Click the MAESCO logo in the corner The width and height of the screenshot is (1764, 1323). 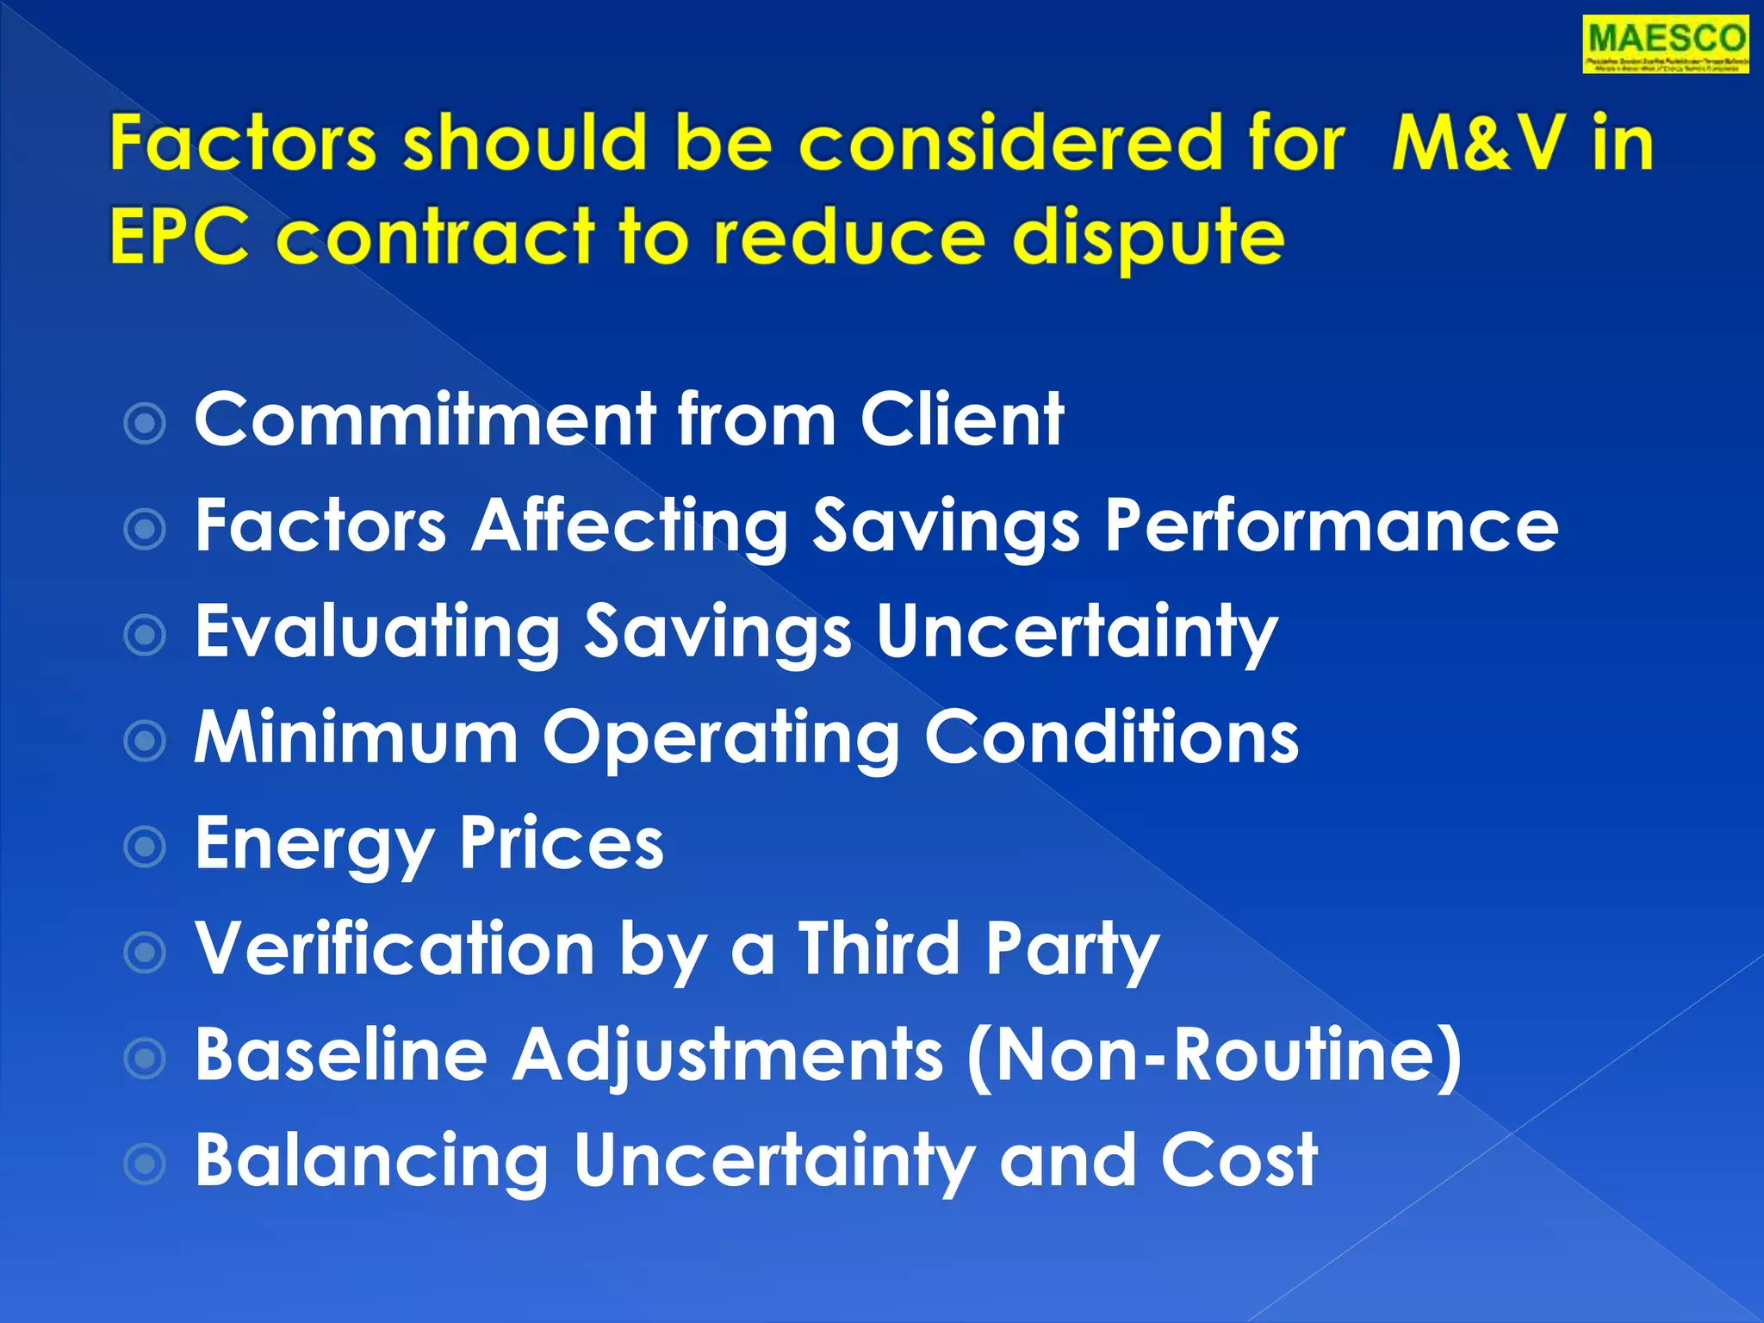click(1665, 45)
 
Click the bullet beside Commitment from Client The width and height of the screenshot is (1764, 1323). click(145, 423)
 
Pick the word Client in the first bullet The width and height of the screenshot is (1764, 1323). click(962, 419)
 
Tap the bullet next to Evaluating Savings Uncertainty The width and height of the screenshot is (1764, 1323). click(145, 636)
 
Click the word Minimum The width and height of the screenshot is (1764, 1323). click(356, 738)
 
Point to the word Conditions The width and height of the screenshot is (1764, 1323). click(1111, 738)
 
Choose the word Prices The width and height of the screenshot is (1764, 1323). click(562, 844)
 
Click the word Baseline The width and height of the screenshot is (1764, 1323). click(341, 1055)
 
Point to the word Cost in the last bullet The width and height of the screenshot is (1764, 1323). click(1239, 1161)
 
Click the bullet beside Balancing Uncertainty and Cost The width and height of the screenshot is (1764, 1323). click(145, 1165)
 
